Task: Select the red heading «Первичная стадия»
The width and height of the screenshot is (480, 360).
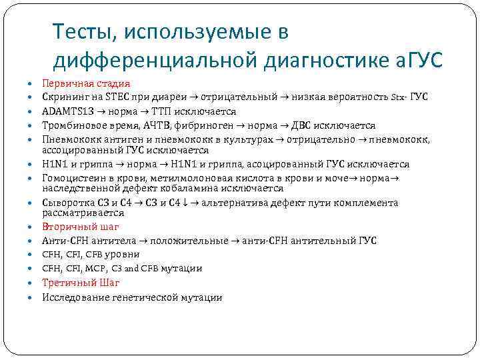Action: point(86,84)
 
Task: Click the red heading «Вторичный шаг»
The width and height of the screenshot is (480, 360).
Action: point(81,227)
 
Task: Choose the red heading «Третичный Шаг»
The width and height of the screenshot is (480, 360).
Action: point(81,283)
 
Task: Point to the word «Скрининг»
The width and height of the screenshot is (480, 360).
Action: point(65,97)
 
